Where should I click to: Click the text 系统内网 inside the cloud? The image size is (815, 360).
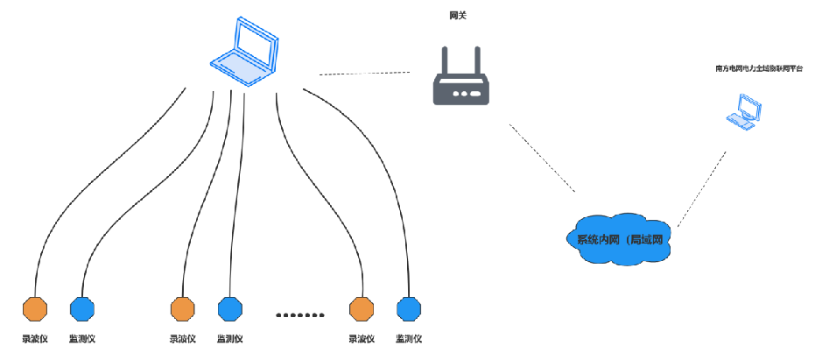click(x=598, y=239)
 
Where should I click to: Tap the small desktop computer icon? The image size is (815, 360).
click(x=744, y=112)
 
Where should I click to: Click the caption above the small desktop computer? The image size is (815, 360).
click(x=759, y=67)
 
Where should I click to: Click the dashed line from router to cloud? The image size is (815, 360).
click(x=543, y=158)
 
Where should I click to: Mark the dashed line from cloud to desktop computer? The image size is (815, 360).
click(x=702, y=188)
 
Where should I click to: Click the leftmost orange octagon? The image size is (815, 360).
click(x=35, y=308)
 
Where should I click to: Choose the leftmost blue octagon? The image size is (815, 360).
click(x=81, y=308)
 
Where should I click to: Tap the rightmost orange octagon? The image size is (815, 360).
click(x=362, y=308)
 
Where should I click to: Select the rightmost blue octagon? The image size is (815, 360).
click(x=409, y=308)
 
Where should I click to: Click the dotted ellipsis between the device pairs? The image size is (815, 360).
click(x=300, y=314)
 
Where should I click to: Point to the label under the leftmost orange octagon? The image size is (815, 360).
click(x=35, y=338)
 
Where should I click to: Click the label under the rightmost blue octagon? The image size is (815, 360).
click(x=409, y=338)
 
